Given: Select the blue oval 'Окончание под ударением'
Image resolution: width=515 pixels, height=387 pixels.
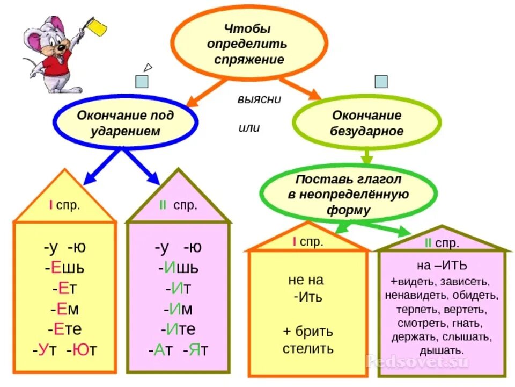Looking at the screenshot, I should [126, 123].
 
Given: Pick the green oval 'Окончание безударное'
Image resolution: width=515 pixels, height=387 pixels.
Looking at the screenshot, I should [367, 123].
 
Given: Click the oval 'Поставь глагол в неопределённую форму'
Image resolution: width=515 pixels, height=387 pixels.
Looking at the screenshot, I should [348, 194].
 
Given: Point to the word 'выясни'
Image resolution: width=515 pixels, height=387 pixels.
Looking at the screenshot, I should [260, 99].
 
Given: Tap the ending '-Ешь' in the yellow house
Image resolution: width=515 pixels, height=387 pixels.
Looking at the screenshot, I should [64, 268].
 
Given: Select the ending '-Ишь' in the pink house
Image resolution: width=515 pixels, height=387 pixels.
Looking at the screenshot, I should [179, 268].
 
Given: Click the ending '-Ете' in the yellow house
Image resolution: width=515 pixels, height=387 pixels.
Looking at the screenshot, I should [64, 329].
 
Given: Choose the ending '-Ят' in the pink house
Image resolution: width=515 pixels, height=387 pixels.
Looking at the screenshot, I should [195, 350].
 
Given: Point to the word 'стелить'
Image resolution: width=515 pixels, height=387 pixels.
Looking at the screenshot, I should [308, 348].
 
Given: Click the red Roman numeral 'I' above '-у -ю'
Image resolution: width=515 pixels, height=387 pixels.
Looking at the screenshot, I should [50, 205].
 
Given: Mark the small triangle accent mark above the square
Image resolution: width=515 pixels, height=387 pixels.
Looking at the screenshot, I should [148, 67].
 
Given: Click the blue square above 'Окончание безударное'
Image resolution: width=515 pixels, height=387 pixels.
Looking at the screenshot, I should [381, 82].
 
